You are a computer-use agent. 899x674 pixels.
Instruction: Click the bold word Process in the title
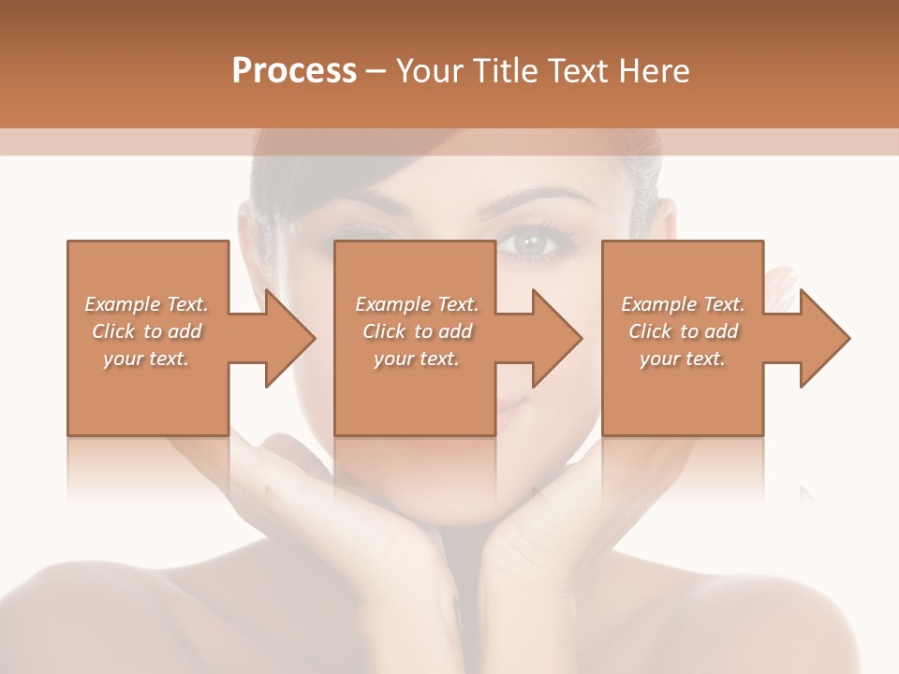[x=294, y=71]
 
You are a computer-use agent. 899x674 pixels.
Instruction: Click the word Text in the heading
[x=576, y=71]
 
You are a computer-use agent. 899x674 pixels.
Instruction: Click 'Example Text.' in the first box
[x=147, y=303]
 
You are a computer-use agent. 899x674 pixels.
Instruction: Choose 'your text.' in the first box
[x=147, y=359]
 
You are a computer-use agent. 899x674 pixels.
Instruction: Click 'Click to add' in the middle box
[x=417, y=330]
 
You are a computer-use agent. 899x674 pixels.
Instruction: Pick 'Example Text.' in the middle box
[x=417, y=303]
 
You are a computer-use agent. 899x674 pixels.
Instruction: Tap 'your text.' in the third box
[x=683, y=359]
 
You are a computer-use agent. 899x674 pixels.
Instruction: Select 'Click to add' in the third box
[x=683, y=330]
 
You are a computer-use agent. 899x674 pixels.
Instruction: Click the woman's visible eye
[x=534, y=244]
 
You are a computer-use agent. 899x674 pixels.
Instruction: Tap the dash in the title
[x=376, y=71]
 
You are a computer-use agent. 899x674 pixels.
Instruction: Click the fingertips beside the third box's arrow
[x=782, y=282]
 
